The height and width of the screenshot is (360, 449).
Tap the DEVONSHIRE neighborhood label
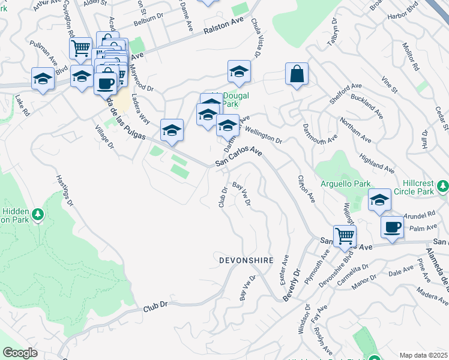[x=246, y=260]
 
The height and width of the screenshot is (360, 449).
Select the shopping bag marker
[x=297, y=75]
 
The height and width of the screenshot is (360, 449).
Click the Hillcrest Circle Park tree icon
[x=443, y=186]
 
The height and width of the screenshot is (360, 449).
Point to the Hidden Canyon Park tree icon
[x=38, y=214]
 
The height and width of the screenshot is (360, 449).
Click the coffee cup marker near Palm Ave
[x=392, y=227]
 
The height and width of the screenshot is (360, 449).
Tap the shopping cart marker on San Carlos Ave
[x=345, y=236]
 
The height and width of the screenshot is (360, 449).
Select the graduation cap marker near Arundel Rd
[x=379, y=200]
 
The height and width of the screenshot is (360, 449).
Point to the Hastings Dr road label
[x=64, y=191]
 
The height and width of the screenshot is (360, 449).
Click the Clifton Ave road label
[x=306, y=188]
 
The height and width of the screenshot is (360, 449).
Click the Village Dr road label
[x=103, y=137]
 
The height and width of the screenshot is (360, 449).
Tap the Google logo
[x=20, y=353]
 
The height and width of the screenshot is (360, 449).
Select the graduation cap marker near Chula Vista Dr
[x=239, y=72]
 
